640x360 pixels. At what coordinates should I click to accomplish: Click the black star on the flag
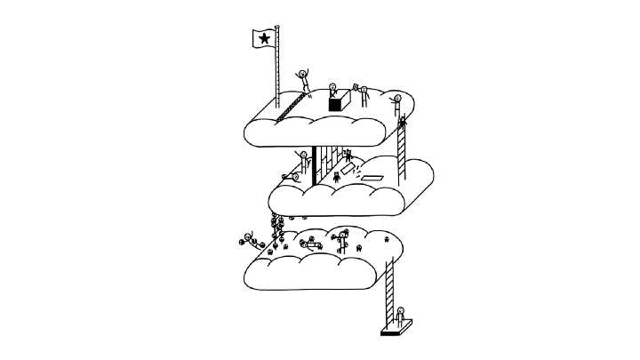264,37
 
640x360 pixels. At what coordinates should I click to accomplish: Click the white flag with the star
264,37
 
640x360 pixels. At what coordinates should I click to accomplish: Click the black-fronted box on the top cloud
335,104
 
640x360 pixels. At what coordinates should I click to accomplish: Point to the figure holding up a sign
364,96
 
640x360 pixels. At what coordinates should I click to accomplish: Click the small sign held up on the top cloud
356,87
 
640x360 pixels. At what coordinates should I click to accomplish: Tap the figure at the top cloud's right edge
396,102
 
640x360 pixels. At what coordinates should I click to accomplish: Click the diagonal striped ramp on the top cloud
289,108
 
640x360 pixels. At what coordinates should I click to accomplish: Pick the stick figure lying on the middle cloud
292,177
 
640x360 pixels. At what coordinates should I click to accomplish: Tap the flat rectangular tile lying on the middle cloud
372,179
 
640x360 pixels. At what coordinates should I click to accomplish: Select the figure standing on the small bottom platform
400,317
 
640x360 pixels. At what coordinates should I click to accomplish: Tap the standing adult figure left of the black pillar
303,163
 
